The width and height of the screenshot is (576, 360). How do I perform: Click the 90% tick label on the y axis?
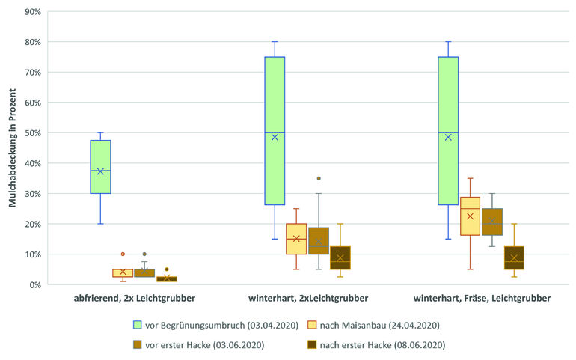pyautogui.click(x=32, y=12)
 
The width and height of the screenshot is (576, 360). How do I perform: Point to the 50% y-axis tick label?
pyautogui.click(x=32, y=133)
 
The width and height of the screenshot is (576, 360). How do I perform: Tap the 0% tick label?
pyautogui.click(x=34, y=285)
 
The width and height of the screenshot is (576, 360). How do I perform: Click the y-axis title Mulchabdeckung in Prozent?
pyautogui.click(x=13, y=149)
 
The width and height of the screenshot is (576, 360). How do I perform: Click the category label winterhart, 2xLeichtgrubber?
pyautogui.click(x=307, y=299)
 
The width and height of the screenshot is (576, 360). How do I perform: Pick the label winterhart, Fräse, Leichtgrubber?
pyautogui.click(x=482, y=299)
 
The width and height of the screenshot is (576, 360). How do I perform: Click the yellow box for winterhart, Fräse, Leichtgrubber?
pyautogui.click(x=470, y=217)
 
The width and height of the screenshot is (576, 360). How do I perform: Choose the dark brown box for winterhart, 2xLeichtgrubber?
pyautogui.click(x=340, y=257)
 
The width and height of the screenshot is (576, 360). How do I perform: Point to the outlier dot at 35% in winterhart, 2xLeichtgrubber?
pyautogui.click(x=319, y=178)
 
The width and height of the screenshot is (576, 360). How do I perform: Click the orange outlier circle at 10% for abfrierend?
pyautogui.click(x=123, y=254)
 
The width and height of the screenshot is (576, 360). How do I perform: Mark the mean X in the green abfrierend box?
pyautogui.click(x=100, y=171)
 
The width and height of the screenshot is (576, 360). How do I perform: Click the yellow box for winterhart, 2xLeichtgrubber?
pyautogui.click(x=296, y=239)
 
